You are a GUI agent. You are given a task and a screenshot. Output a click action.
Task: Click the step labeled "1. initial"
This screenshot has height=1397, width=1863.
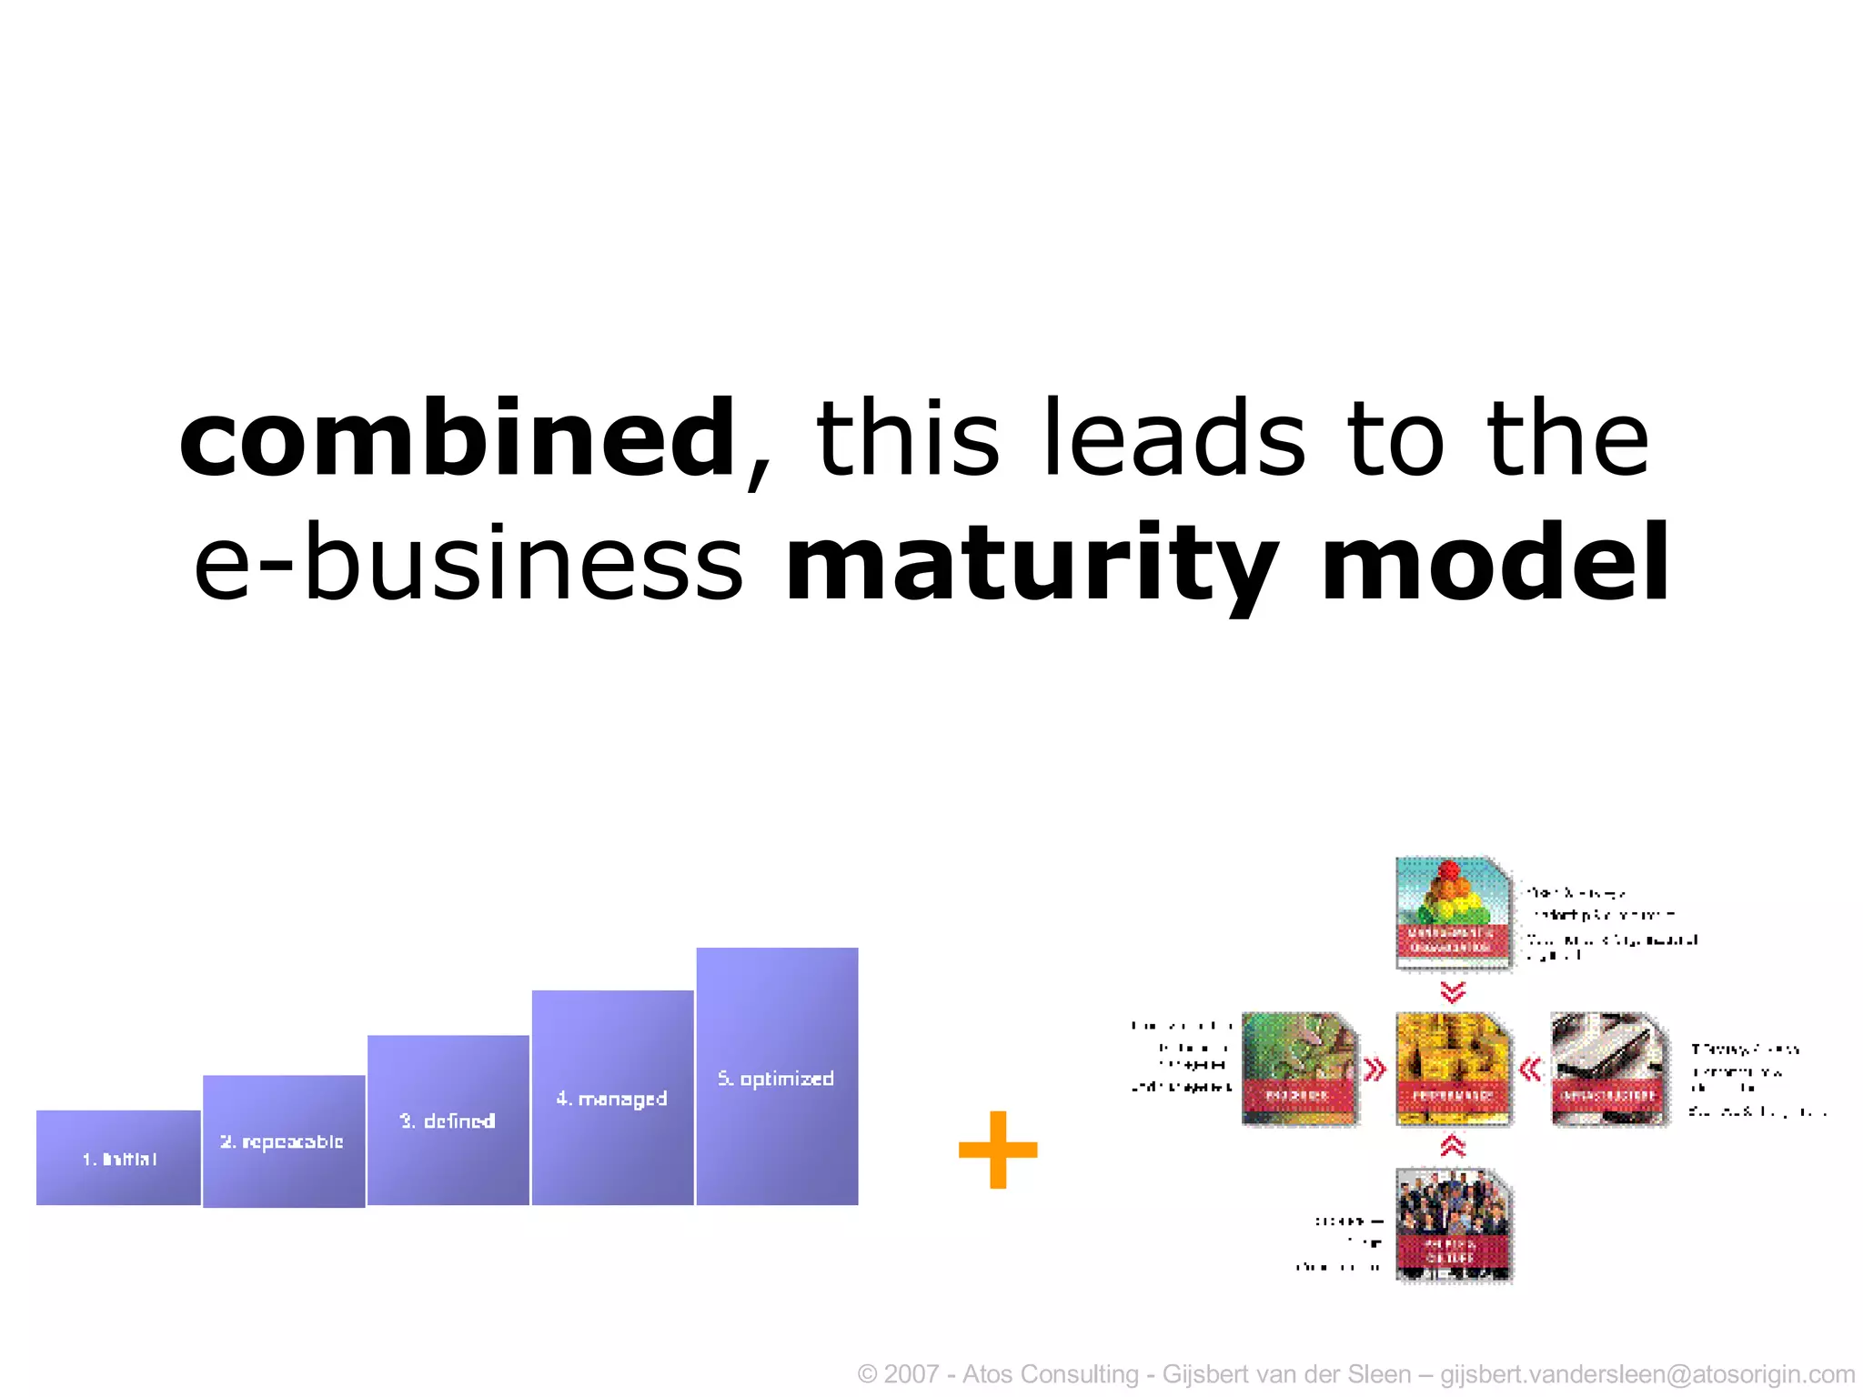click(x=118, y=1158)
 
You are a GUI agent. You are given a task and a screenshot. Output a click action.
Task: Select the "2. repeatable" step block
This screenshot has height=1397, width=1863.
click(x=283, y=1141)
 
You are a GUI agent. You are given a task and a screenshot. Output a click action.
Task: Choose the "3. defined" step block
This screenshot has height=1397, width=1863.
click(x=448, y=1121)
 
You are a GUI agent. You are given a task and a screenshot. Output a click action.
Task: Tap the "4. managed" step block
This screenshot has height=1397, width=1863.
click(x=612, y=1098)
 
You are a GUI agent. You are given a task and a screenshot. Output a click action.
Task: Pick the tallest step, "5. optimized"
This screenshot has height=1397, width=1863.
click(x=777, y=1077)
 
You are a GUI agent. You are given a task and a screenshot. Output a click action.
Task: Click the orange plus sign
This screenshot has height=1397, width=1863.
click(x=998, y=1150)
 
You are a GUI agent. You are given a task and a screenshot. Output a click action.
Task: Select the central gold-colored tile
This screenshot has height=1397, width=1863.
click(x=1453, y=1069)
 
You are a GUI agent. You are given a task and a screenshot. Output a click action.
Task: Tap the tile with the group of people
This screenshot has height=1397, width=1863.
click(x=1453, y=1224)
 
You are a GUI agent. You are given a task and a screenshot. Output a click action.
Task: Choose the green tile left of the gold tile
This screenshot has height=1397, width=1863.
click(x=1299, y=1069)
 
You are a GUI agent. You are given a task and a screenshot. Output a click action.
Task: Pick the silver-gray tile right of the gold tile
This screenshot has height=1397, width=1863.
click(x=1608, y=1069)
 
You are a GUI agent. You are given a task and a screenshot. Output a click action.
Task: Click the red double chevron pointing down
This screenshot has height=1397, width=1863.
click(x=1453, y=991)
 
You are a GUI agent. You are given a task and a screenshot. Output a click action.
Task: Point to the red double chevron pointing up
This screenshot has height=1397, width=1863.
click(x=1453, y=1146)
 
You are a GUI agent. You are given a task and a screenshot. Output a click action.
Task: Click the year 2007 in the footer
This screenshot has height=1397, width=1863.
click(x=911, y=1374)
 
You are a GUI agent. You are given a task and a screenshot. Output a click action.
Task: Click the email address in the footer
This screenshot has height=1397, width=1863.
click(x=1647, y=1374)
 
